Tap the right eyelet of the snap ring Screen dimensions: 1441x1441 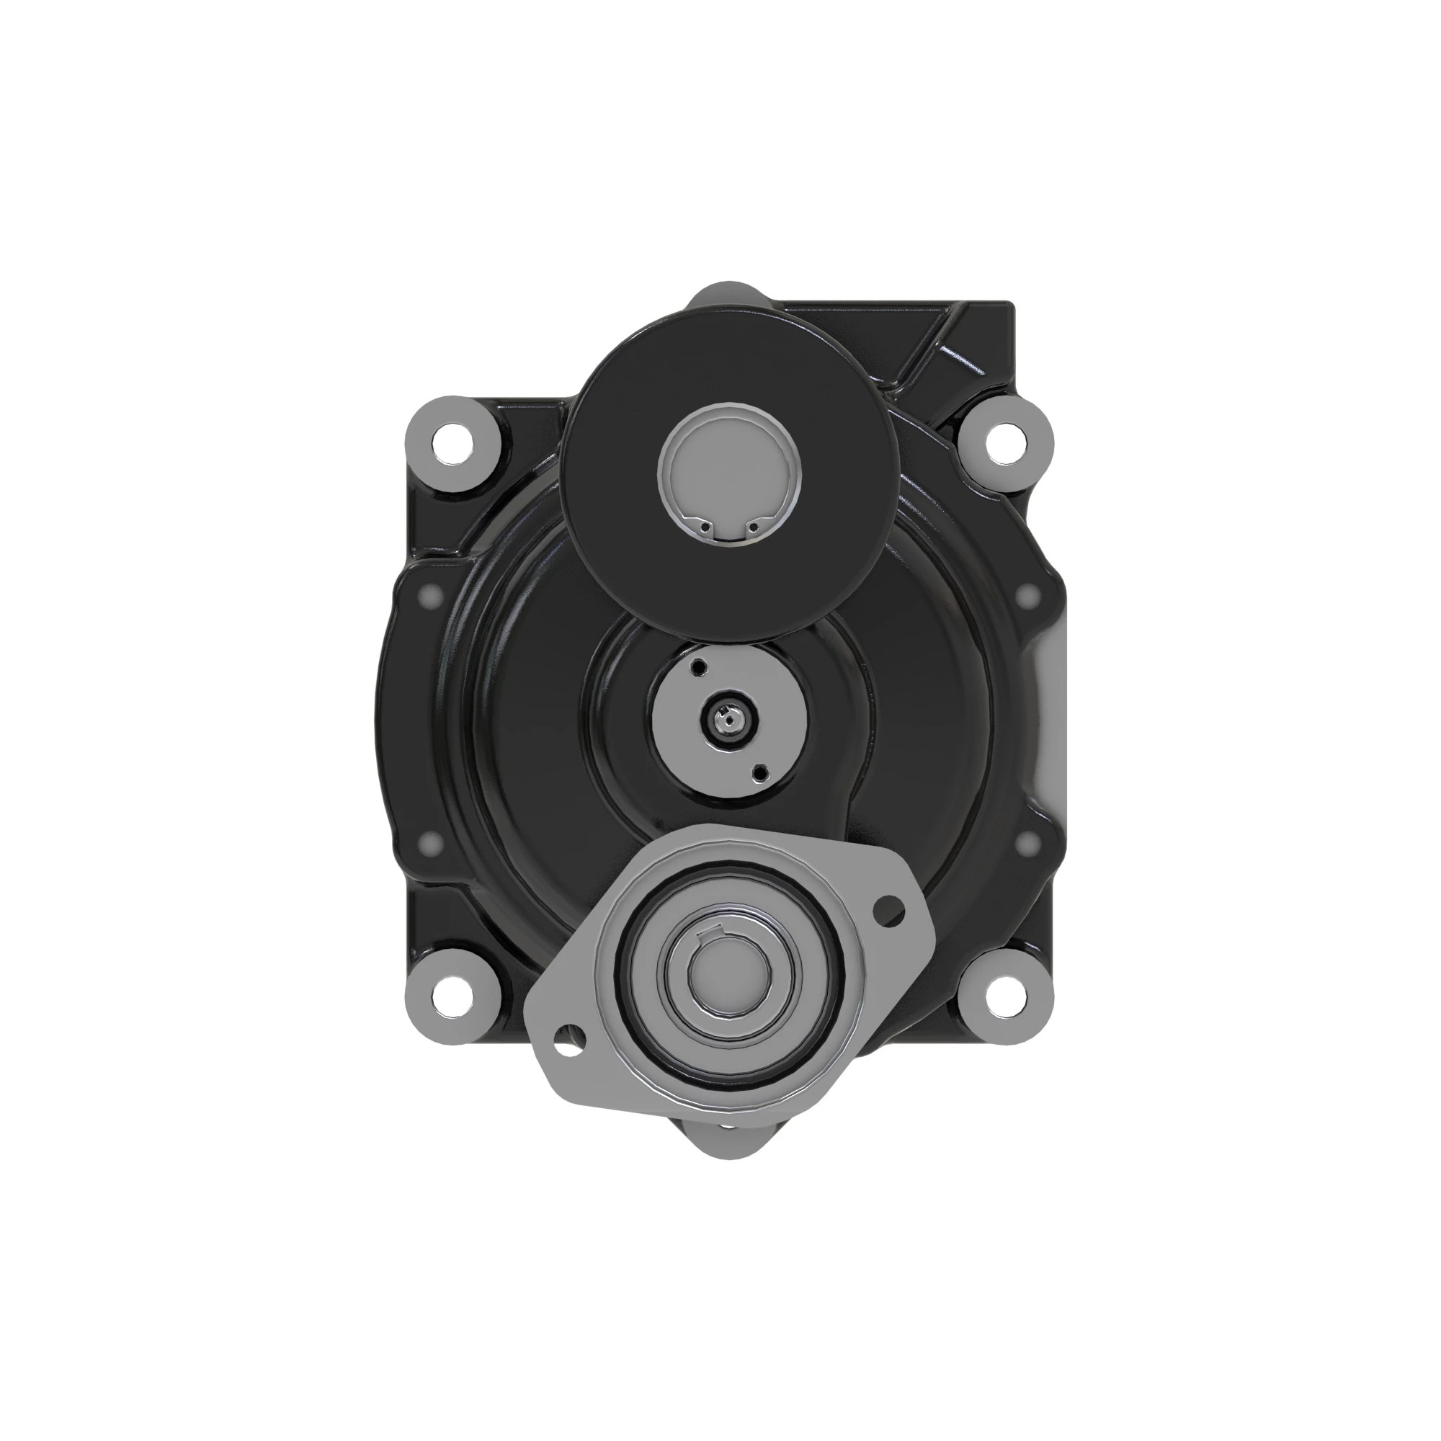[x=754, y=528]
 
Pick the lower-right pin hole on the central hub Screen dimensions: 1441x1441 [x=760, y=772]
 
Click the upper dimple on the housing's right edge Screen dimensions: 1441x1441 [x=1030, y=594]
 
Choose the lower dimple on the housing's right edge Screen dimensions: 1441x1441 [x=1030, y=844]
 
